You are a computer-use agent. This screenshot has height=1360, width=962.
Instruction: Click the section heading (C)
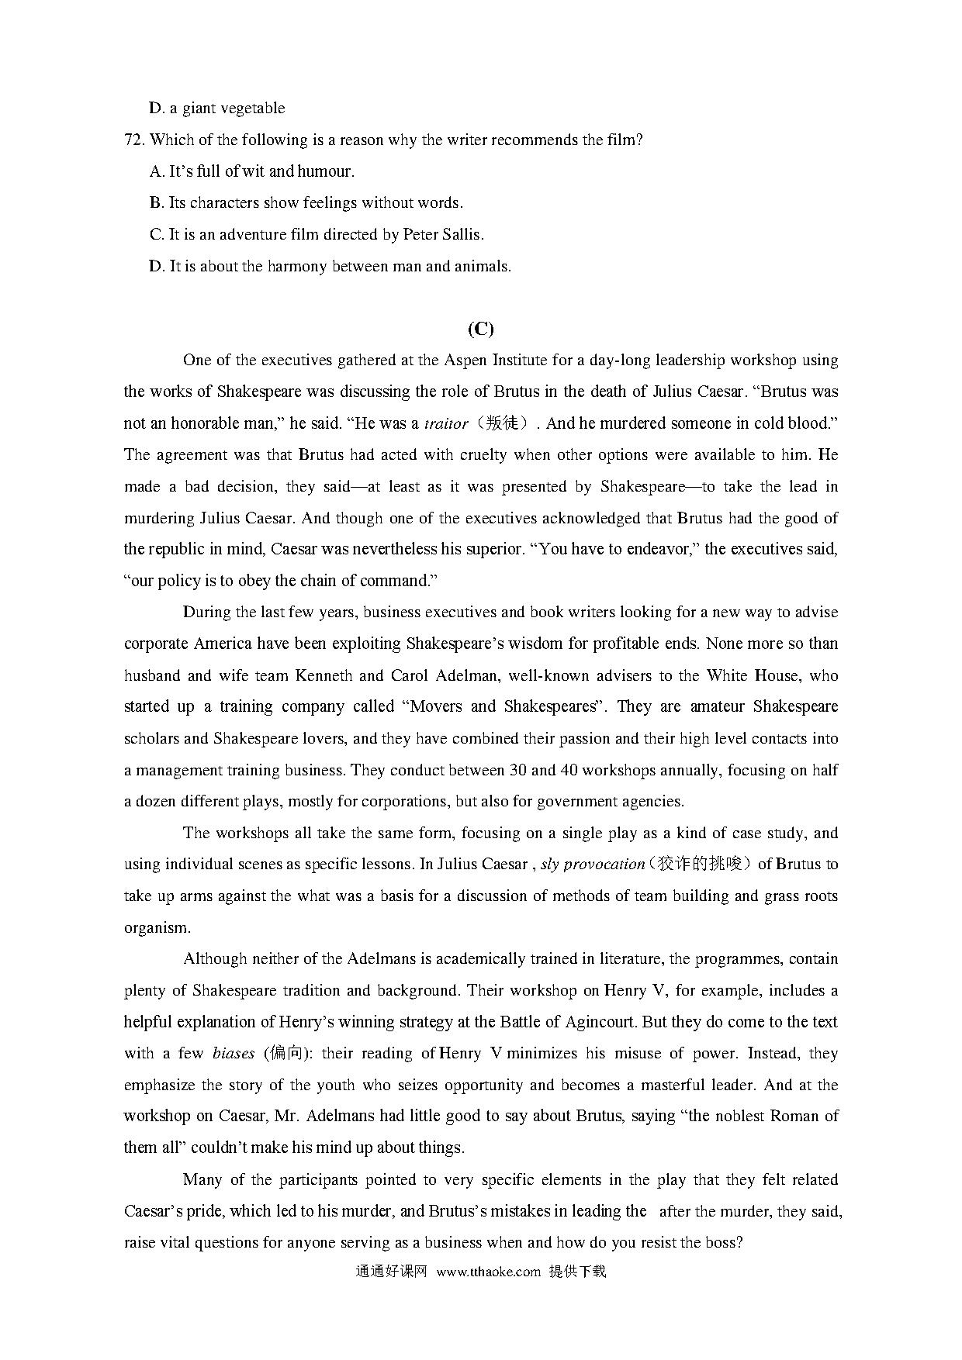(x=480, y=329)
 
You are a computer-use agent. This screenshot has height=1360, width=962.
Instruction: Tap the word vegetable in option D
(x=253, y=108)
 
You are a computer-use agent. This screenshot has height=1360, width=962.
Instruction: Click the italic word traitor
(x=446, y=423)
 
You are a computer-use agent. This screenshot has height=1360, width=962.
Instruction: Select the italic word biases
(x=234, y=1054)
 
